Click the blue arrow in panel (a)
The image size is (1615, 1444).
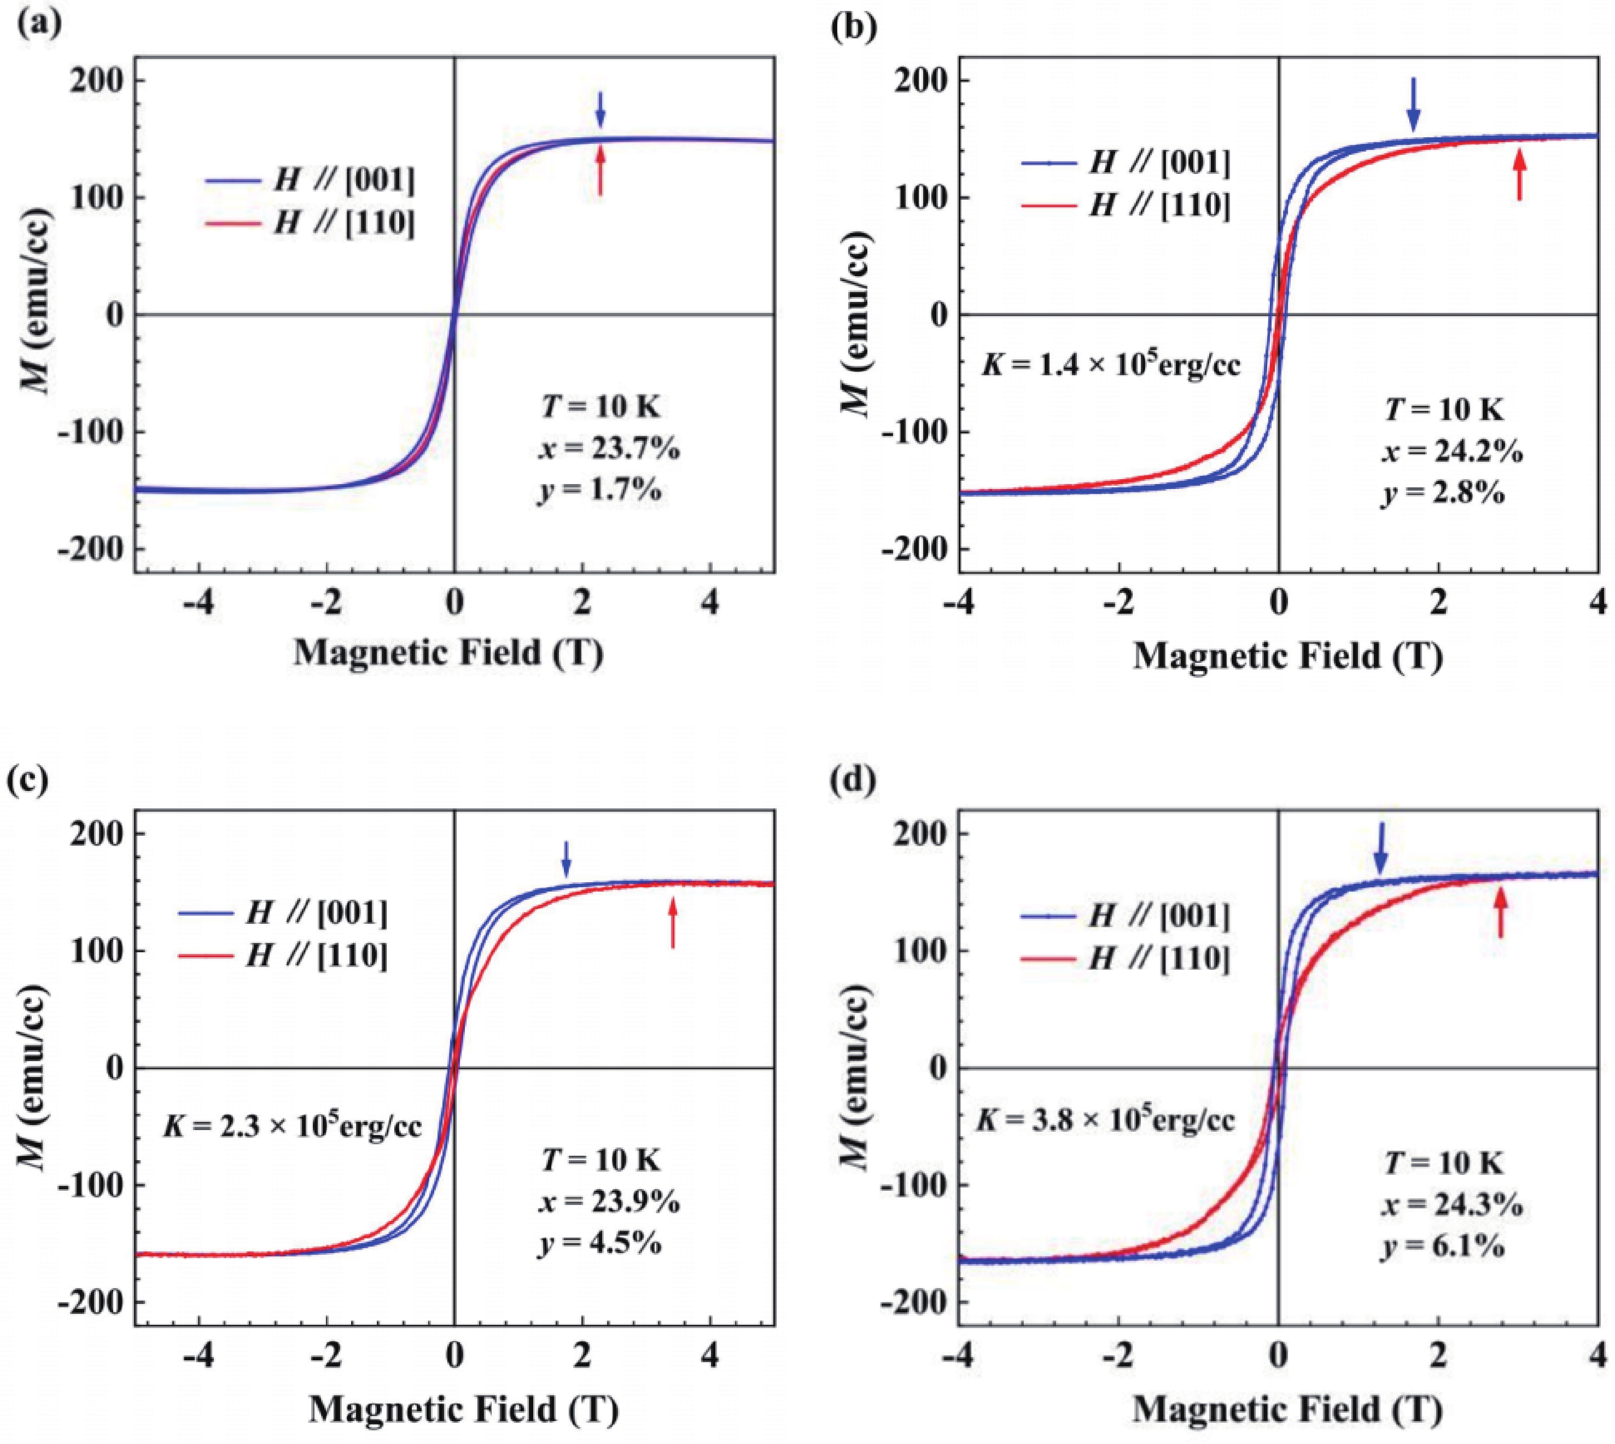click(600, 109)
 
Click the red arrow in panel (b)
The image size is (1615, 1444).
click(1519, 176)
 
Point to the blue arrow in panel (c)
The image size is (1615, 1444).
click(565, 860)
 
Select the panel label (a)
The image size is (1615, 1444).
click(40, 25)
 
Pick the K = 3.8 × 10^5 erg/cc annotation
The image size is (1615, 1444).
click(1105, 1120)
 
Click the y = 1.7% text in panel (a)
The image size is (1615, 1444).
click(599, 490)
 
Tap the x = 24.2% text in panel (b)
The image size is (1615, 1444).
click(1451, 452)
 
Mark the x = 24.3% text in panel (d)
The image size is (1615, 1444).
click(1451, 1206)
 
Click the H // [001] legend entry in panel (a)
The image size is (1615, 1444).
click(310, 182)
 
